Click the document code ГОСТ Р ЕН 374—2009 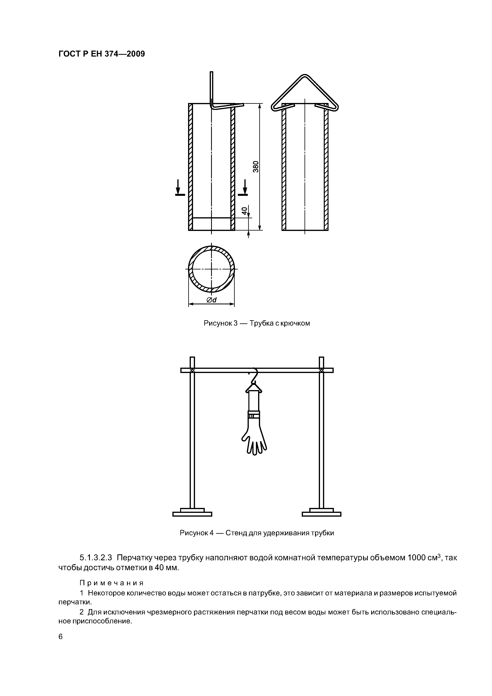(x=102, y=54)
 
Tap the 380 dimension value (x=256, y=166)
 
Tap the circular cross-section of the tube (x=211, y=269)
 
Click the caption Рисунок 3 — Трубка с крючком (x=257, y=323)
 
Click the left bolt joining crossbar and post (x=192, y=370)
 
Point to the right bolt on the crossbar (x=321, y=370)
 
